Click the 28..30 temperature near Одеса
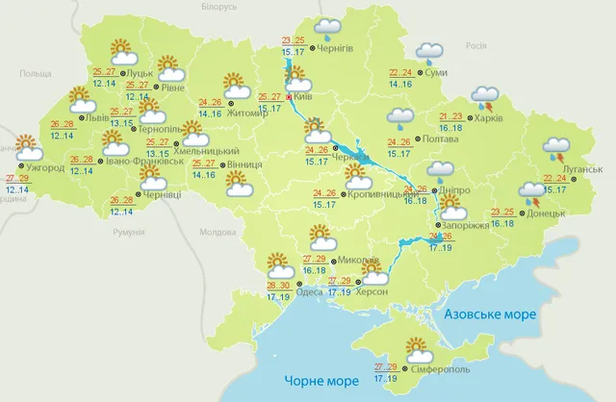pyautogui.click(x=278, y=286)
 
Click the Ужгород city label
pyautogui.click(x=45, y=168)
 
